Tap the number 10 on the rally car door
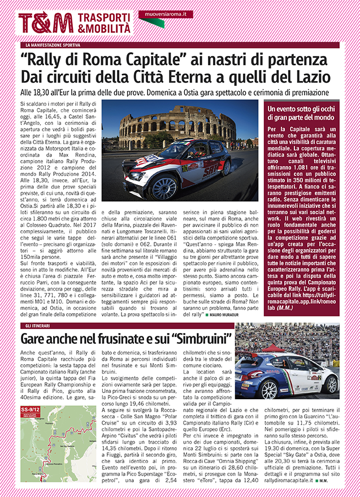click(x=184, y=167)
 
